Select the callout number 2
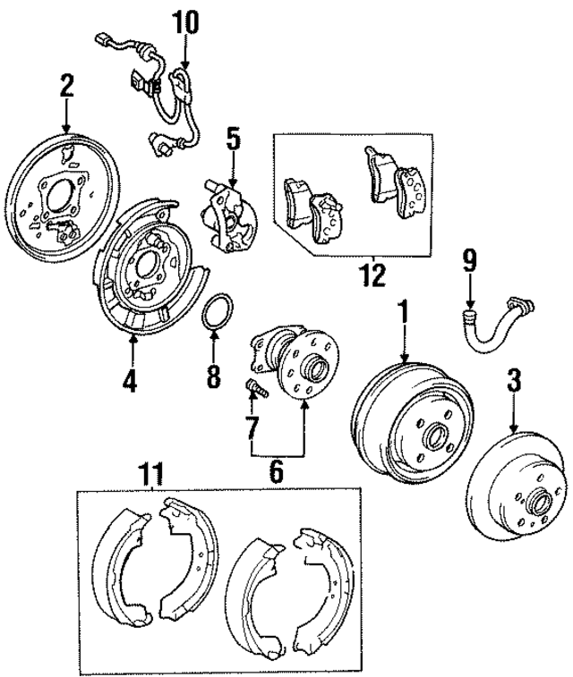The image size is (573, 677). pyautogui.click(x=66, y=87)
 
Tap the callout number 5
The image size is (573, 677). pyautogui.click(x=233, y=139)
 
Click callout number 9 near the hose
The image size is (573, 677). pyautogui.click(x=468, y=262)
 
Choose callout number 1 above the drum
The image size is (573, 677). pyautogui.click(x=403, y=313)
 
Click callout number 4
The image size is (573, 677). pyautogui.click(x=131, y=381)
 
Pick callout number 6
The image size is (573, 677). pyautogui.click(x=276, y=469)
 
